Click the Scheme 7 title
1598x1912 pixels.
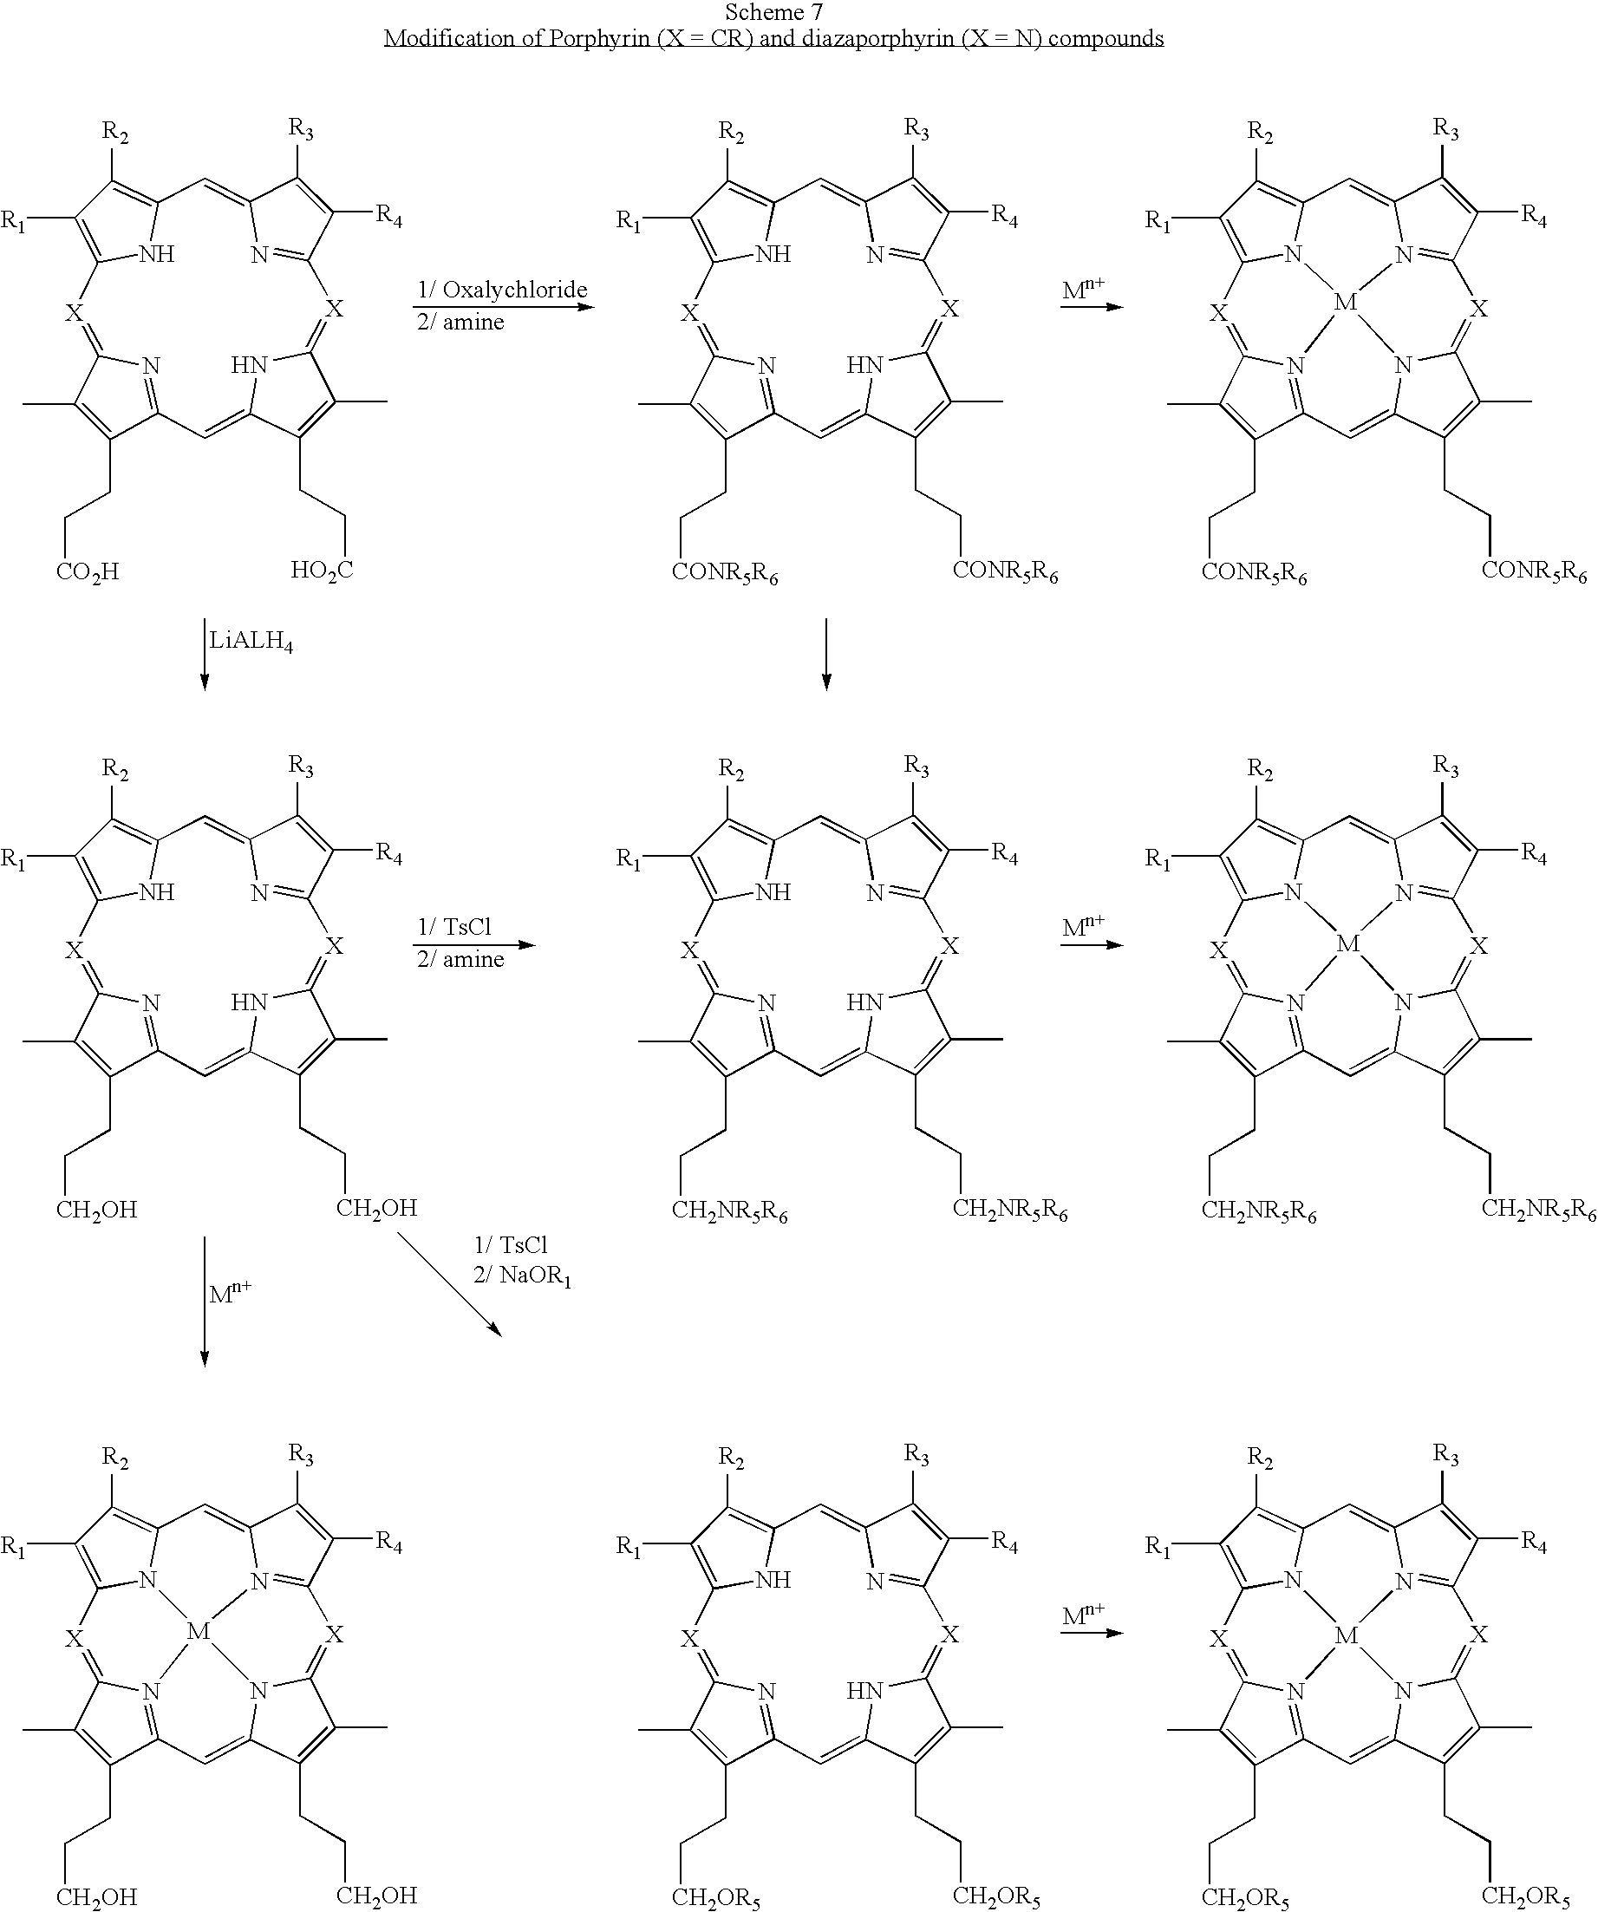[773, 12]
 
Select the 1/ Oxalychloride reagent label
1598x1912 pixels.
[502, 290]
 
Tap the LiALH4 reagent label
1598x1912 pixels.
[251, 642]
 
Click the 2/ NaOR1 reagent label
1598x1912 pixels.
[522, 1275]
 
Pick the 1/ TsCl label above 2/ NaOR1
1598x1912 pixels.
[510, 1244]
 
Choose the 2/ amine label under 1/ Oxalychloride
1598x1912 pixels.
[460, 322]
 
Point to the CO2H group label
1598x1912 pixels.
[88, 572]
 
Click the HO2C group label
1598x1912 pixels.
[322, 571]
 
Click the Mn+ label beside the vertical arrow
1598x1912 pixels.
[230, 1292]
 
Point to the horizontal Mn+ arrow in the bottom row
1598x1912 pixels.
[1092, 1633]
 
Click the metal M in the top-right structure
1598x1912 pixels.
[1345, 302]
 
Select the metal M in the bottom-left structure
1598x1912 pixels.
[199, 1631]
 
